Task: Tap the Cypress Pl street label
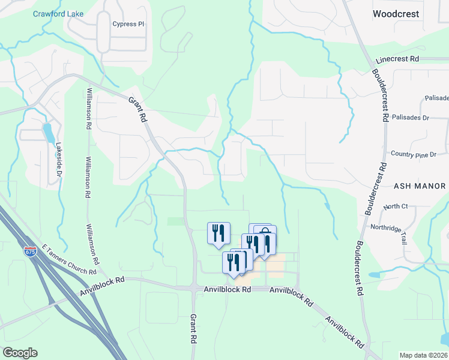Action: point(128,25)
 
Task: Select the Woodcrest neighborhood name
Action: point(396,13)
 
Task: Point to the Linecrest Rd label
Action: point(397,59)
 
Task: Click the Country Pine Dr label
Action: point(413,155)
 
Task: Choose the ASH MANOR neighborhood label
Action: point(420,186)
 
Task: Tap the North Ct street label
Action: point(396,206)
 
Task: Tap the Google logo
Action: point(20,353)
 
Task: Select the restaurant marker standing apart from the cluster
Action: point(218,232)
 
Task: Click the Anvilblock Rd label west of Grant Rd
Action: point(103,286)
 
